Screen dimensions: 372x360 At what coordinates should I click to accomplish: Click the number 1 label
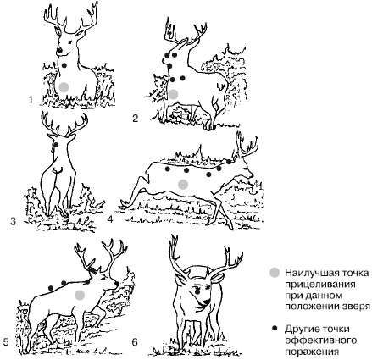click(31, 100)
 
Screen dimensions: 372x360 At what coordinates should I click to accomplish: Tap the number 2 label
click(136, 119)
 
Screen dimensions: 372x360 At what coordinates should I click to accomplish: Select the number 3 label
click(14, 221)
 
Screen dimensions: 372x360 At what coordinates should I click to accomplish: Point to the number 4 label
click(110, 219)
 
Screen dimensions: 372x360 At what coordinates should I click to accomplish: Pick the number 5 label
click(6, 342)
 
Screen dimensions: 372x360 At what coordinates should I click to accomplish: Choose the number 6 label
click(135, 342)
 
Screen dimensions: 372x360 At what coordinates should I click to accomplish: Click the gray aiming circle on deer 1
click(64, 87)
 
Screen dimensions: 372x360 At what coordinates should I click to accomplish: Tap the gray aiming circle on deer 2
click(174, 94)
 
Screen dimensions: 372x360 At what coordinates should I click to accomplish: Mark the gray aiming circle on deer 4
click(183, 184)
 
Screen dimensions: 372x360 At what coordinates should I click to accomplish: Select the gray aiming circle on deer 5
click(80, 295)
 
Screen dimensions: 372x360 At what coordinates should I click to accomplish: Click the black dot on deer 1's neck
click(64, 65)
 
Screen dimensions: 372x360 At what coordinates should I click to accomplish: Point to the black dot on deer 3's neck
click(56, 145)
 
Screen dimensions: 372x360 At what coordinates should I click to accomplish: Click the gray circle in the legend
click(275, 273)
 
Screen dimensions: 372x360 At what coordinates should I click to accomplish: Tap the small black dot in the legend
click(274, 329)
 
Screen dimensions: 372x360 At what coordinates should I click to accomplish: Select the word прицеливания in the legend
click(320, 284)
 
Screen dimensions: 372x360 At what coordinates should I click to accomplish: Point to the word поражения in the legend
click(311, 352)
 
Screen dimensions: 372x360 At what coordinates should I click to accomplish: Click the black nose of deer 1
click(60, 51)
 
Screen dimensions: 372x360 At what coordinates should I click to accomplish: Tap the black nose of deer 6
click(207, 302)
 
